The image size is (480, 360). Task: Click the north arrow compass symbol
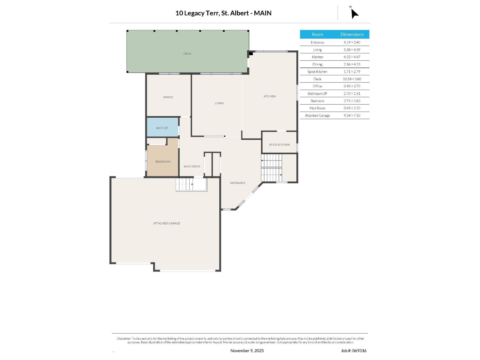click(x=354, y=13)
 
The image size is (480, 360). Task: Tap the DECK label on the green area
click(x=187, y=54)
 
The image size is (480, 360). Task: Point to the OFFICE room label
click(x=168, y=97)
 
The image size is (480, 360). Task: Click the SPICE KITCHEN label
click(x=279, y=145)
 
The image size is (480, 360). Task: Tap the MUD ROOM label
click(x=192, y=166)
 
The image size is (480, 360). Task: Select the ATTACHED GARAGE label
click(x=166, y=223)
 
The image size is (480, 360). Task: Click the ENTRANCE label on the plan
click(x=238, y=183)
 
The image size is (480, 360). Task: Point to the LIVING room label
click(x=219, y=103)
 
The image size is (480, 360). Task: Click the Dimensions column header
click(x=352, y=34)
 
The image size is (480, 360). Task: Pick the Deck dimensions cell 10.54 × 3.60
click(x=352, y=79)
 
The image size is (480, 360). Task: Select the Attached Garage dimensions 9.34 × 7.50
click(x=352, y=115)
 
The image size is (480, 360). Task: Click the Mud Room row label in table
click(x=317, y=108)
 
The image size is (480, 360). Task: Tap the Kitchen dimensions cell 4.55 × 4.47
click(x=352, y=57)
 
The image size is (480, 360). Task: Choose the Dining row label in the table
click(x=317, y=64)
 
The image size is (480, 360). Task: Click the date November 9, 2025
click(x=247, y=350)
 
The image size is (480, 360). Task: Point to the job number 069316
click(x=359, y=350)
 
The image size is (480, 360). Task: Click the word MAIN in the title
click(x=262, y=13)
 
